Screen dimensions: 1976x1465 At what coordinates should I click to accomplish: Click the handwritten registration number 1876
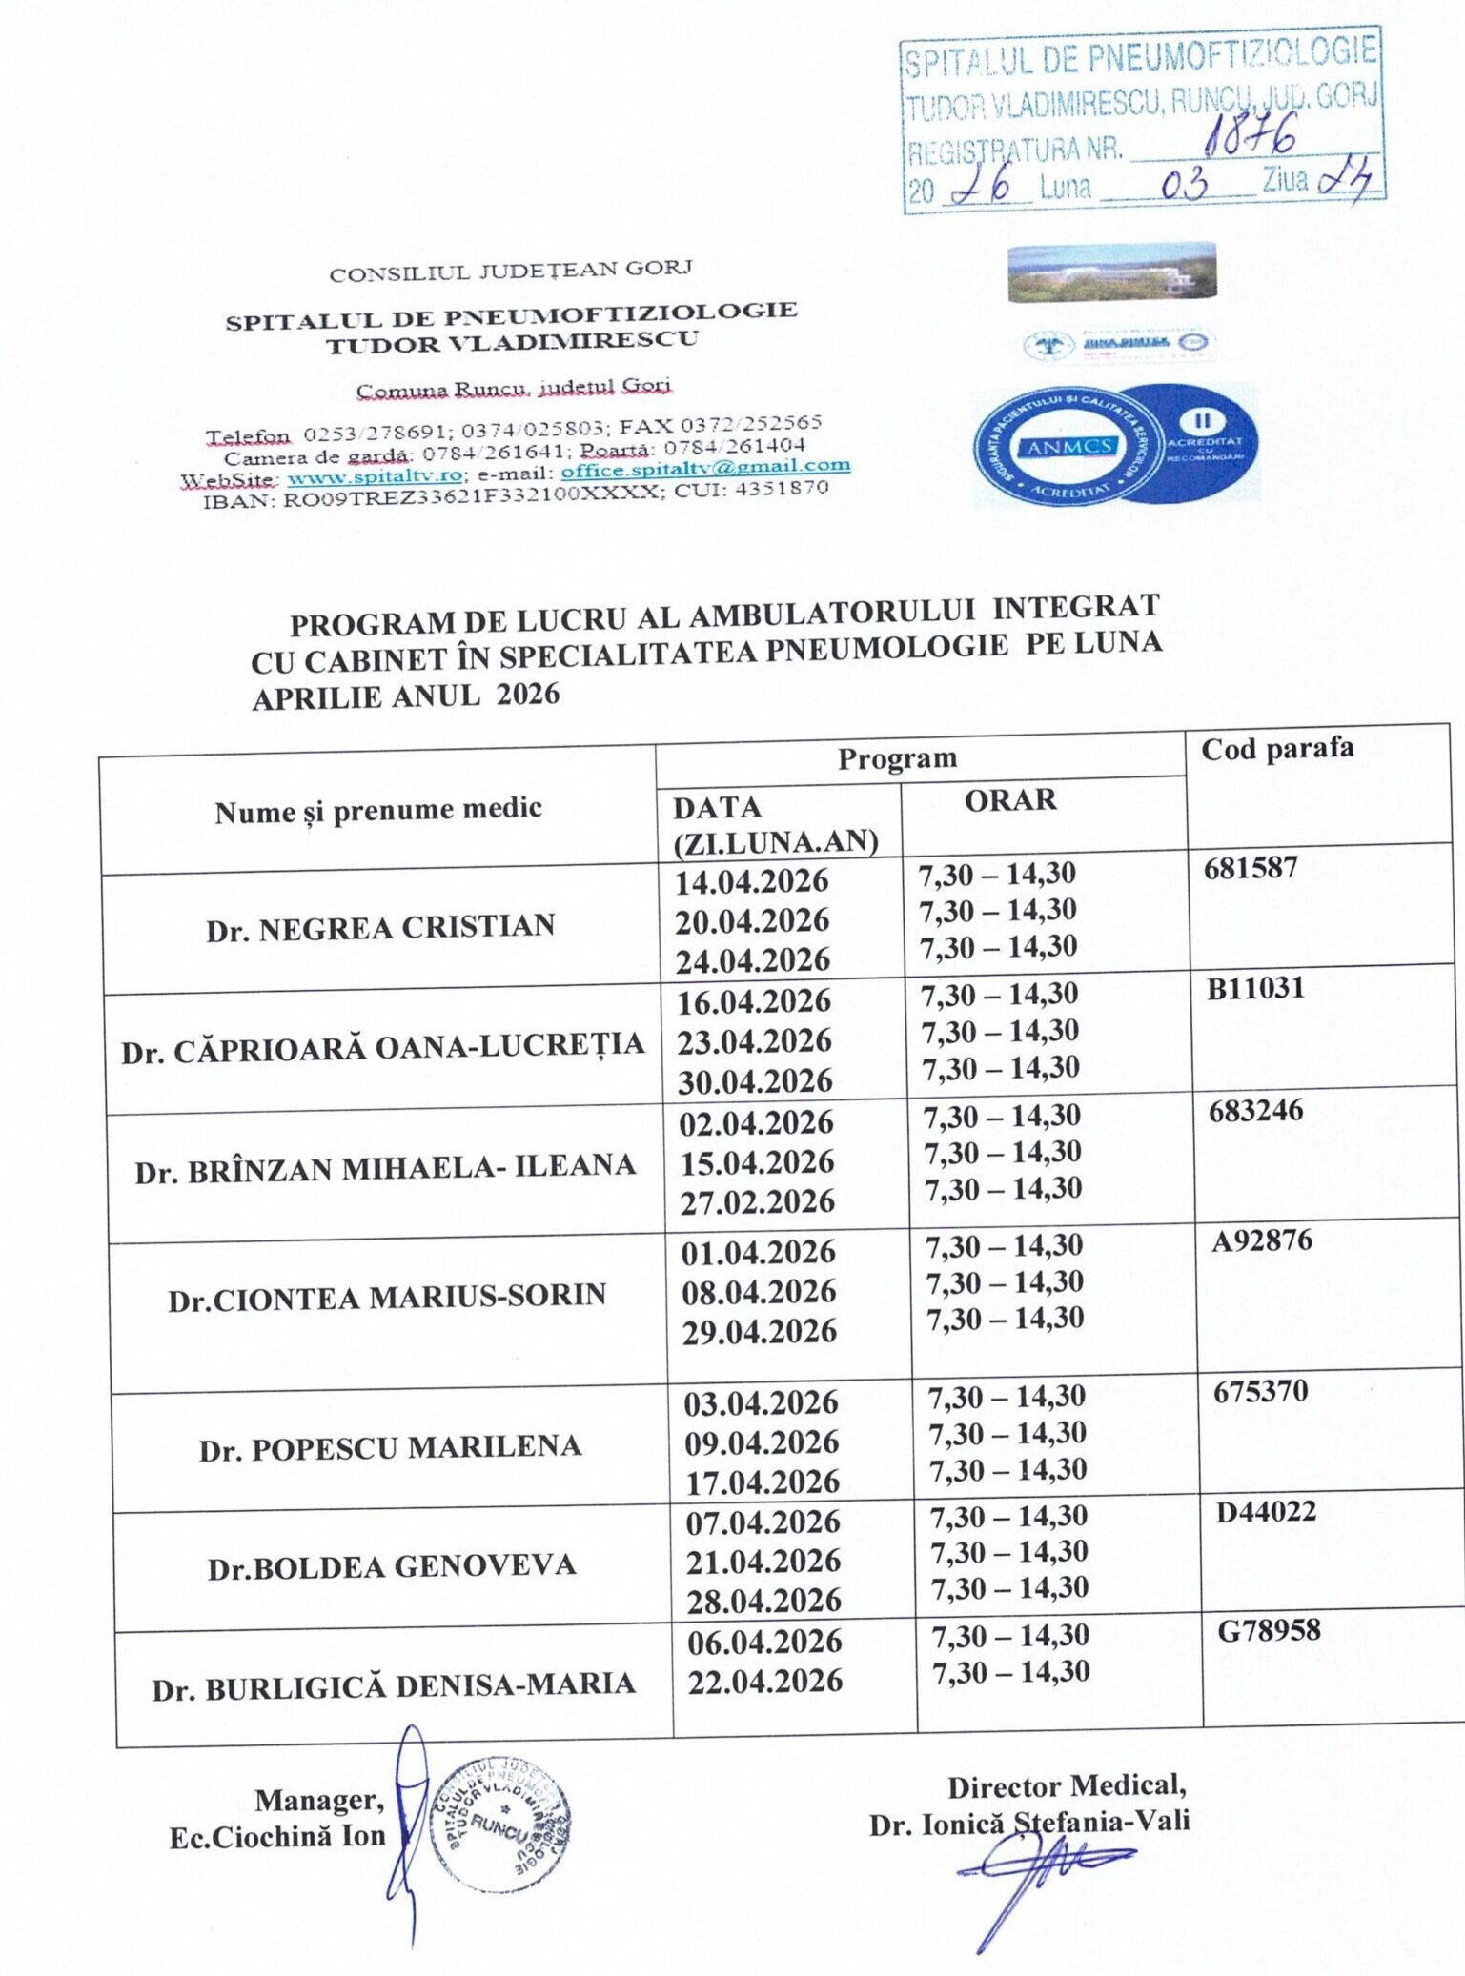[1249, 137]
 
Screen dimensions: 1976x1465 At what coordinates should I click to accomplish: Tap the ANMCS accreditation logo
[1115, 444]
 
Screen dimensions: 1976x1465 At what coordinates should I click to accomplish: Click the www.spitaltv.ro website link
[375, 474]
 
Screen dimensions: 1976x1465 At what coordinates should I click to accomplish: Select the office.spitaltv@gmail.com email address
[704, 468]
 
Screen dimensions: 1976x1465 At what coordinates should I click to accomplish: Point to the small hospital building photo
[1111, 273]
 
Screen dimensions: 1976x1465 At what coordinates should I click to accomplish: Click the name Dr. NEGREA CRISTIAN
[380, 927]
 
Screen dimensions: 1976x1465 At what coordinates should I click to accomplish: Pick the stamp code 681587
[1251, 868]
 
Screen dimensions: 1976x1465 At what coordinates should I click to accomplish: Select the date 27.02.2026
[757, 1202]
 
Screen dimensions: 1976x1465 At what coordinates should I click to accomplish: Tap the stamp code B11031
[1254, 989]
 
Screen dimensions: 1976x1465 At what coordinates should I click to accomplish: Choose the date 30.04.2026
[755, 1081]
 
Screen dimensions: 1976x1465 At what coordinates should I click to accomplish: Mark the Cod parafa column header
[1276, 749]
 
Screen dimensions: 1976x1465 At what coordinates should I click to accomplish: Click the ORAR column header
[1009, 800]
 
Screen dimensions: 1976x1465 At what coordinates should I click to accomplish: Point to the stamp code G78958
[1269, 1630]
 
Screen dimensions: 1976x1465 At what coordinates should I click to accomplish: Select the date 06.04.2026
[764, 1642]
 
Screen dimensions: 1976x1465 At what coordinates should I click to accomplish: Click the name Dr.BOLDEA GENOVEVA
[392, 1567]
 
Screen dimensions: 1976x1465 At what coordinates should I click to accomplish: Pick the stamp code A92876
[1261, 1241]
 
